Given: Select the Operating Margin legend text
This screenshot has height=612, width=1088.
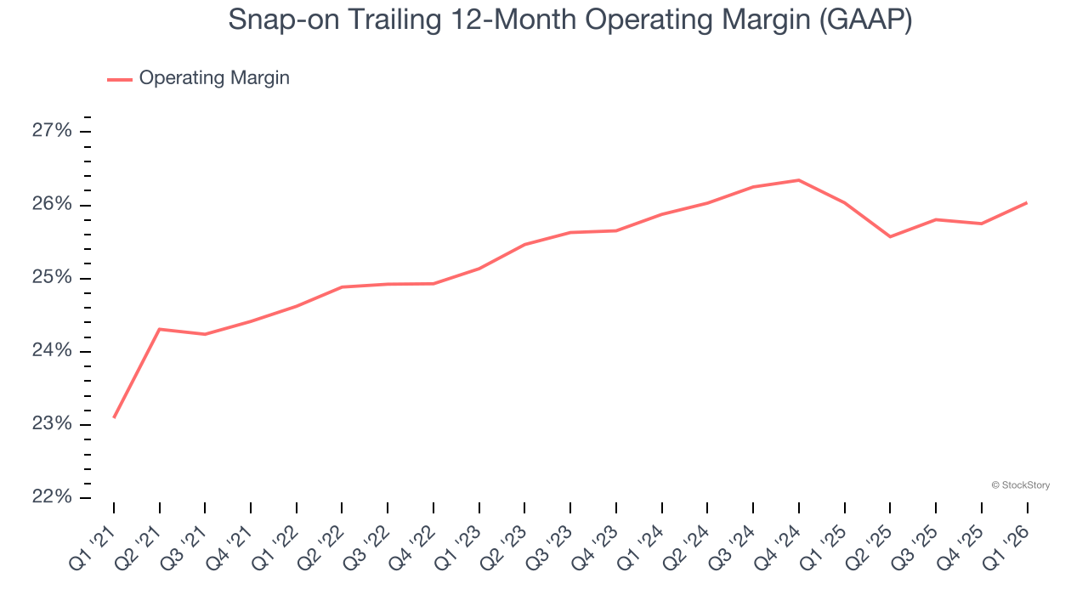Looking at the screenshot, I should [214, 78].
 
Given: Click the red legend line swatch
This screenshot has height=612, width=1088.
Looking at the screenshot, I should [119, 79].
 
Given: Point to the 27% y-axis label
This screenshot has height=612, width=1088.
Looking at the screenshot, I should [52, 131].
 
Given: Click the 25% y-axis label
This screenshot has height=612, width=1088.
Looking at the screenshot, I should [52, 278].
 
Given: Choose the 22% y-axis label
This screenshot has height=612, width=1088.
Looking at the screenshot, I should [52, 496].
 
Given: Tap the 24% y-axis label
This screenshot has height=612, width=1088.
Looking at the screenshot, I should [52, 351].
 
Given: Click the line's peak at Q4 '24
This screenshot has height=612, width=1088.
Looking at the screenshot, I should [799, 180].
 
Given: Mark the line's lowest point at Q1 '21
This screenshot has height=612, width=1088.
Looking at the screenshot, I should [114, 417].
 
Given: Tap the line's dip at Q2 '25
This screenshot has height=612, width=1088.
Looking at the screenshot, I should [890, 236].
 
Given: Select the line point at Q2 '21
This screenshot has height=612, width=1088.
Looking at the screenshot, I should [160, 329].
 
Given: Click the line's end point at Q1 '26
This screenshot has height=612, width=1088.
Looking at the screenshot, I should [1027, 202].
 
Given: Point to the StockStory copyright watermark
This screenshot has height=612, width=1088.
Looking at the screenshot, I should [1020, 485].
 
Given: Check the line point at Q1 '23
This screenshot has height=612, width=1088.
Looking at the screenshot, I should [479, 269].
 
